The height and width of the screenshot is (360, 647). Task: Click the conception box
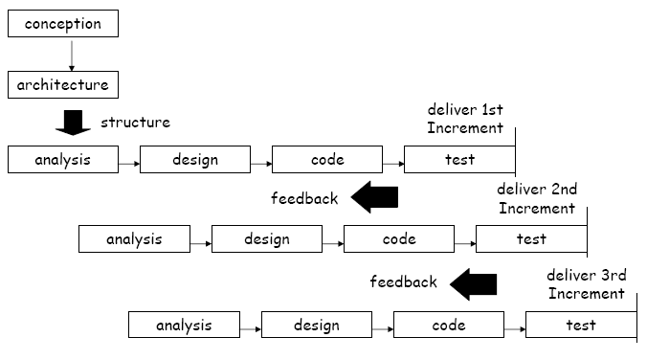click(63, 24)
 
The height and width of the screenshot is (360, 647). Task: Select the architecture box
click(63, 84)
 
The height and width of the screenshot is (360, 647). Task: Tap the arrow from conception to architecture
click(71, 55)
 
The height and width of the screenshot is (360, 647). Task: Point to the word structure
click(135, 122)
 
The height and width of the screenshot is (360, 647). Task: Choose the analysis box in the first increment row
click(63, 160)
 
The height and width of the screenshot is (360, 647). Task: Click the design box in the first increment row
click(195, 160)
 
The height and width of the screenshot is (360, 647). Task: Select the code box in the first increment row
click(327, 160)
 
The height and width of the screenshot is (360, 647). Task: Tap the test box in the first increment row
click(459, 160)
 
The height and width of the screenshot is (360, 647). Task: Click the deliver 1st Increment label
click(465, 118)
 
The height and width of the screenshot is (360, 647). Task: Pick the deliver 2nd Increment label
click(537, 198)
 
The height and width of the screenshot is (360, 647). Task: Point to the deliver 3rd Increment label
click(587, 283)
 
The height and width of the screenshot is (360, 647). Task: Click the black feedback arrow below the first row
click(374, 197)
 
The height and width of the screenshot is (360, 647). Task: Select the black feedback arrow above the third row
click(474, 281)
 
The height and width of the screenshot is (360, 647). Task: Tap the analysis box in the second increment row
click(134, 239)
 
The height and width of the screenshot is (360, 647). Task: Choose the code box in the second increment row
click(398, 239)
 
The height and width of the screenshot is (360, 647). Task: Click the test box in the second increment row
click(530, 239)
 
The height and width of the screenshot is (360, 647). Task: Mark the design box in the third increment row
click(316, 326)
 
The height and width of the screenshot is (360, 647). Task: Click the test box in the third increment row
click(580, 326)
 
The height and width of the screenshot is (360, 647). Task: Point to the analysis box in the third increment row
click(184, 326)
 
